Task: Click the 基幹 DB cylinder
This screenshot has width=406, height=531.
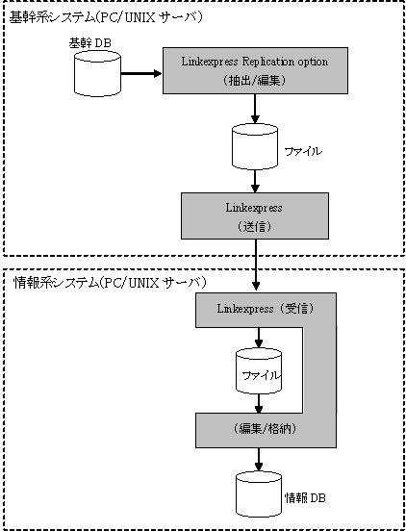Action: pos(97,73)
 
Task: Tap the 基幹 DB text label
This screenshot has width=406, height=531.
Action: pos(90,43)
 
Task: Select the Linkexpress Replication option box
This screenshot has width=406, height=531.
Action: pos(255,70)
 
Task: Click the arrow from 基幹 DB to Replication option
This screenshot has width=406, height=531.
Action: pos(141,73)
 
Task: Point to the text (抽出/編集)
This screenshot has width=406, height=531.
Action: pos(255,81)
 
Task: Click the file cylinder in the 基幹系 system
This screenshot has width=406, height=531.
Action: pos(255,146)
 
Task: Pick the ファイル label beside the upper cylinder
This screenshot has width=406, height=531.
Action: pos(303,152)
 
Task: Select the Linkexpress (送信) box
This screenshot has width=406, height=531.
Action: pos(255,216)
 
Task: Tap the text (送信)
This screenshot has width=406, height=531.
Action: pos(255,226)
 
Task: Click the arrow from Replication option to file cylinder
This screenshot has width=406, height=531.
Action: pos(255,109)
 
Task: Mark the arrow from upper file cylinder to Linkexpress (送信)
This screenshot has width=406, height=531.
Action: pos(255,181)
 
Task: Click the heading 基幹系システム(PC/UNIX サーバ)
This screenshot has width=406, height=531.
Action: pos(106,17)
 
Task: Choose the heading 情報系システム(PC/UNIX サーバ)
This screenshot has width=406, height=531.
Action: pos(110,282)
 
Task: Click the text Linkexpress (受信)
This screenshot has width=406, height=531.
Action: pos(266,309)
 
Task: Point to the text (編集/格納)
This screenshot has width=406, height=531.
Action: pos(266,429)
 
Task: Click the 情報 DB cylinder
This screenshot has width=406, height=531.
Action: pos(259,493)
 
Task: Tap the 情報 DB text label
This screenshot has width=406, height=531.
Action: pos(305,498)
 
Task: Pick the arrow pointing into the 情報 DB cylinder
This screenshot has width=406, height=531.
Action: pos(259,459)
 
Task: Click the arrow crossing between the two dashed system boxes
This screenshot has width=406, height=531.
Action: pos(256,265)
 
